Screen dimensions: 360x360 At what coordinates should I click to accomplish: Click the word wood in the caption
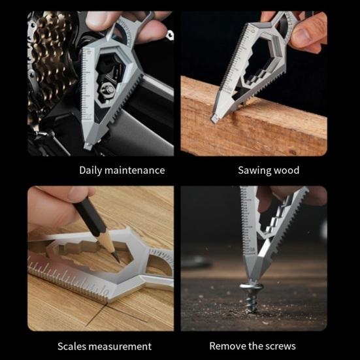pos(286,171)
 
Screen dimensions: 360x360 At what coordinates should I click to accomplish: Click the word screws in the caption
pos(280,346)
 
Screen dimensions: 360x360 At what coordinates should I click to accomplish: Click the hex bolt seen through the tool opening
pos(108,88)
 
